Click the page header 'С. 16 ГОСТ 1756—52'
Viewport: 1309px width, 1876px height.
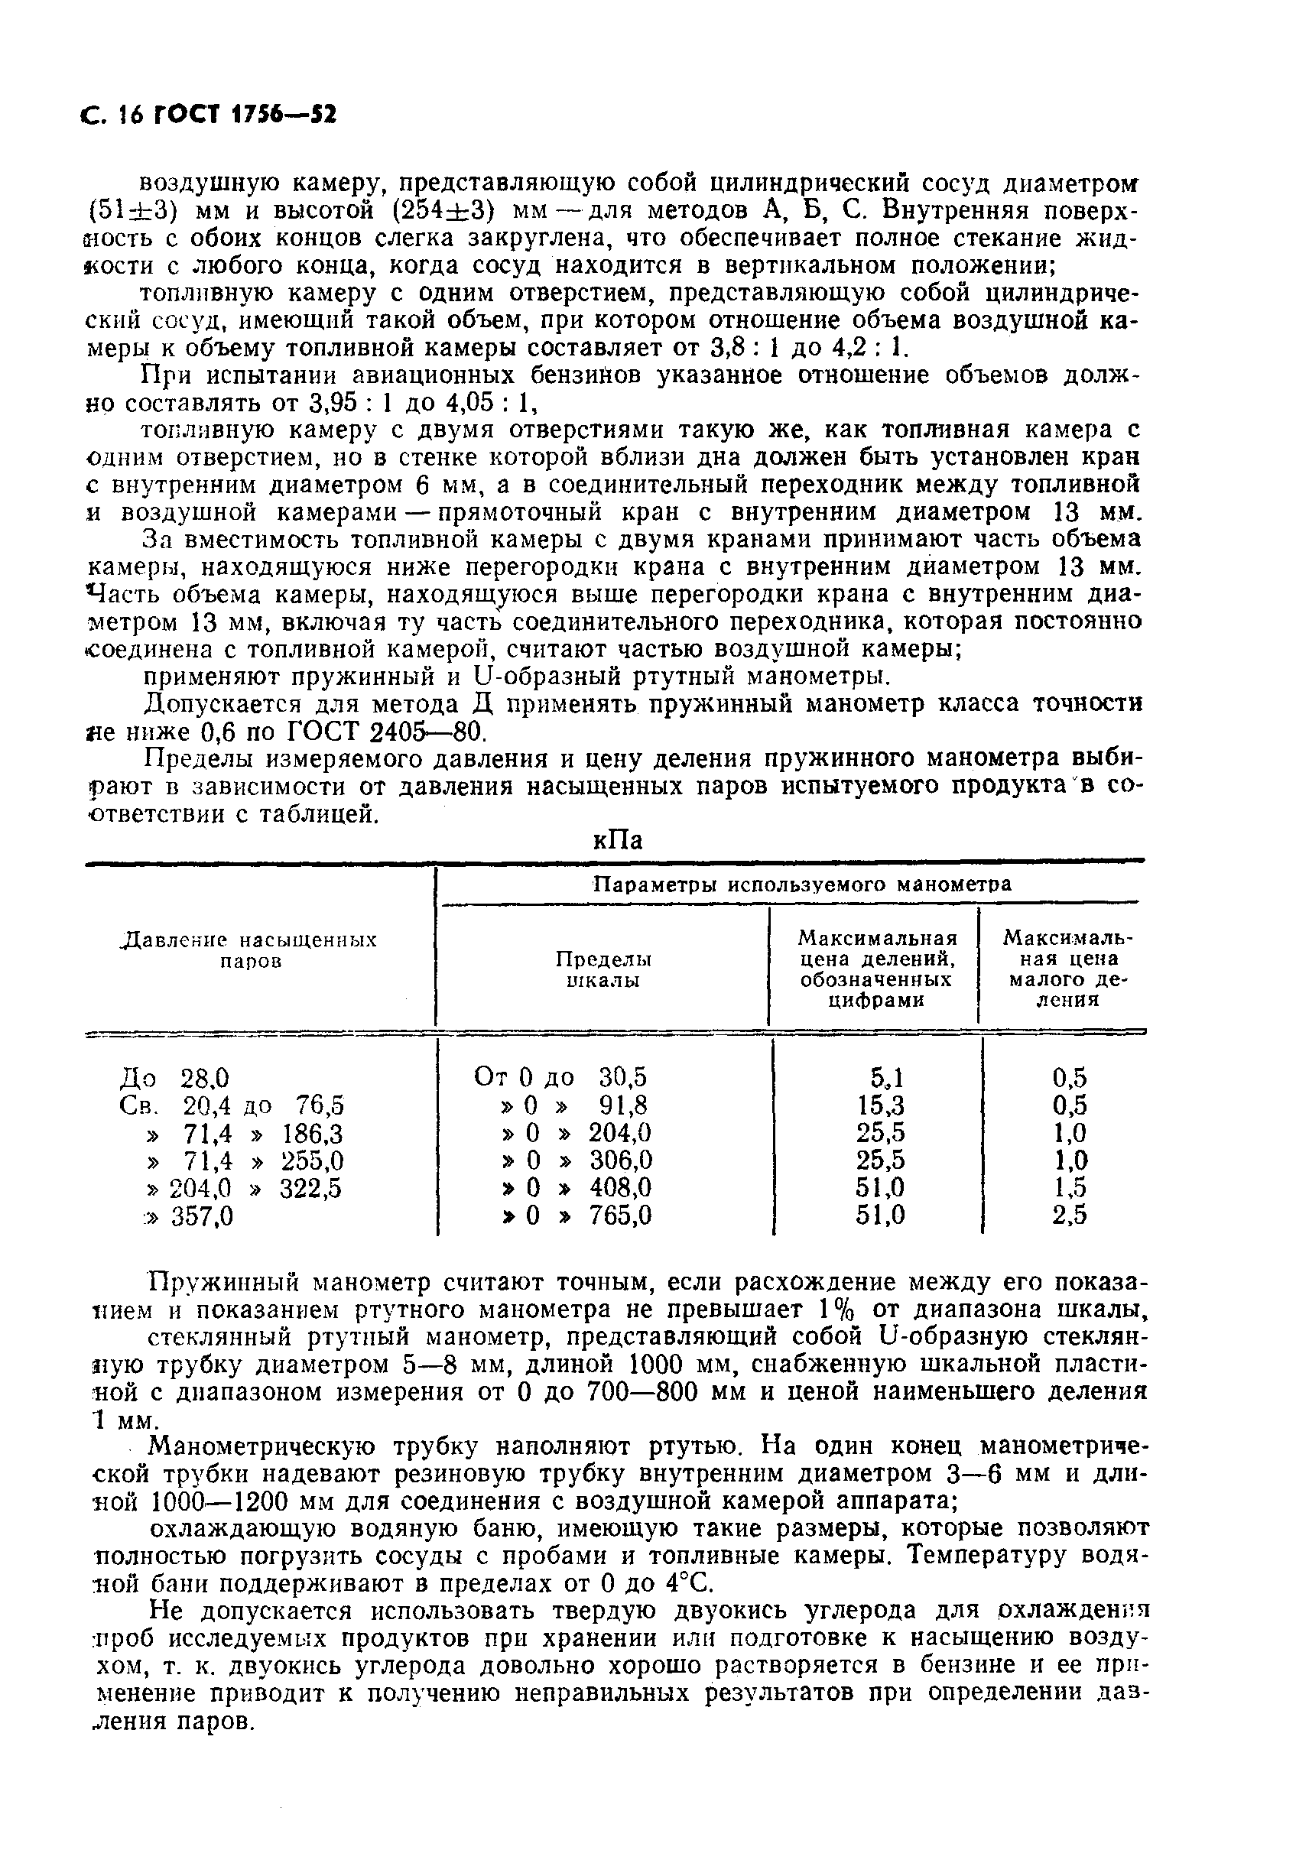coord(210,115)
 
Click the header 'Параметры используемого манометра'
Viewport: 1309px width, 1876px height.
coord(801,884)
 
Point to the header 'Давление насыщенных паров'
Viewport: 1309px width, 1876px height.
coord(249,949)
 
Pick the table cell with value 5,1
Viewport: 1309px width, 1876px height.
coord(885,1077)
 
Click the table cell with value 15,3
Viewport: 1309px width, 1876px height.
coord(881,1105)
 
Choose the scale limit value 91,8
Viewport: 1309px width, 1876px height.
coord(623,1105)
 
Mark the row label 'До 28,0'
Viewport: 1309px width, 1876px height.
coord(175,1077)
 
